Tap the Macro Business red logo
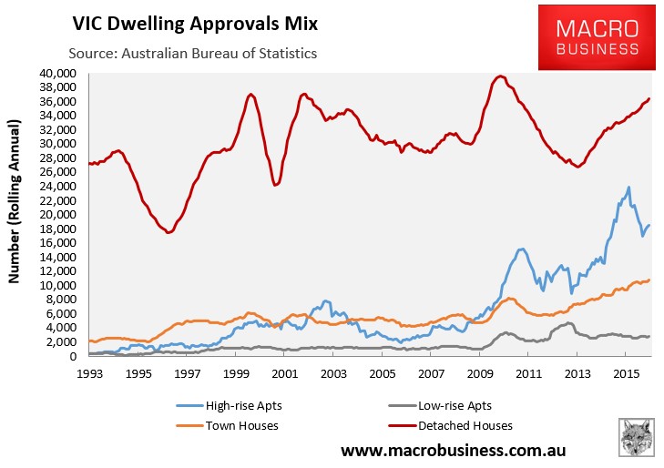click(x=598, y=36)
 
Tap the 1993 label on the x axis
click(x=88, y=373)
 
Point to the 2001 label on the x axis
click(x=284, y=373)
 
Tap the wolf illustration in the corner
click(x=638, y=438)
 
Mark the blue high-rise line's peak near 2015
click(x=628, y=188)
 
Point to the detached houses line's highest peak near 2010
click(x=500, y=76)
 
